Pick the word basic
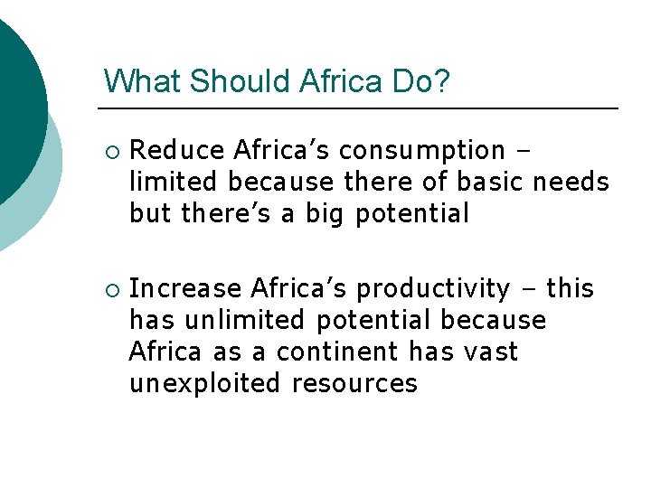point(491,182)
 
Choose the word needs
point(571,182)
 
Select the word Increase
point(185,288)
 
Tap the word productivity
point(433,289)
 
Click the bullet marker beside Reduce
point(109,151)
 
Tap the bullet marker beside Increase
point(109,290)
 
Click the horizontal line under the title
point(362,108)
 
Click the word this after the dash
point(571,288)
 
